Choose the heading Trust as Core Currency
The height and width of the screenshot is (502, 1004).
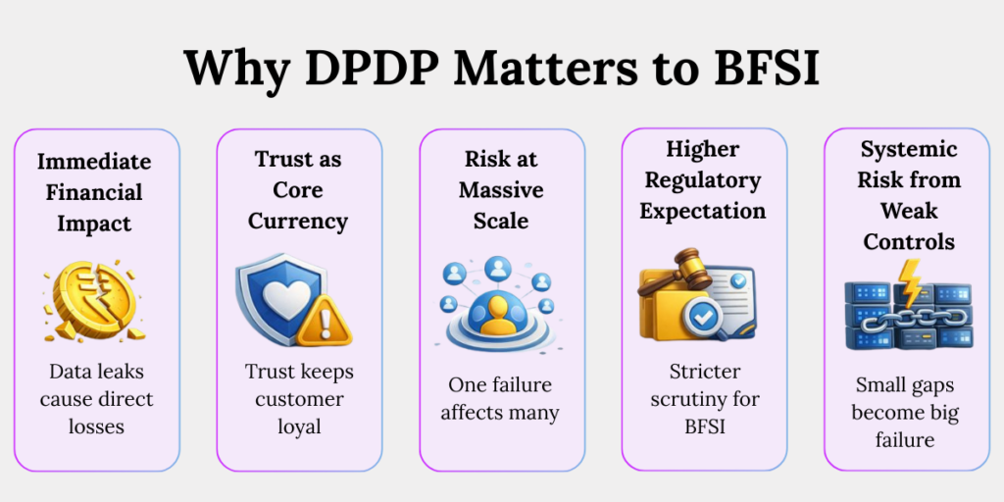(x=298, y=189)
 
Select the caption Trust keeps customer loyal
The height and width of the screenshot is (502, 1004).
(x=298, y=399)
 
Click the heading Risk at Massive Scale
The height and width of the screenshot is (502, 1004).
(x=501, y=189)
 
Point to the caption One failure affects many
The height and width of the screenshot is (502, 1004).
(x=500, y=398)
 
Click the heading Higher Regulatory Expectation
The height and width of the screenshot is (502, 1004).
(x=703, y=179)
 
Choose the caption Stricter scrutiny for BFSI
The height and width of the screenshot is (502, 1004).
(x=703, y=399)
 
